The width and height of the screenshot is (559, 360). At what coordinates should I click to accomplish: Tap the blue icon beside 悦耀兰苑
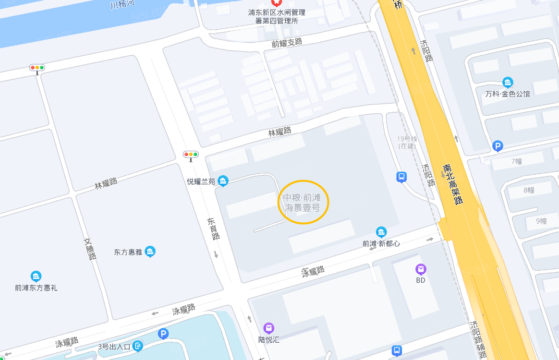223,181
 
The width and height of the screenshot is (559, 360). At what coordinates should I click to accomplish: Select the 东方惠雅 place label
128,252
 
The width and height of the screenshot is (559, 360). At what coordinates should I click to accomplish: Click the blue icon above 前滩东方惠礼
36,276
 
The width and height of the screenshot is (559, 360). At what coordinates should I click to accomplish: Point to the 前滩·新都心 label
381,243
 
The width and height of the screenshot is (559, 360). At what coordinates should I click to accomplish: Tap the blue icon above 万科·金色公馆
508,82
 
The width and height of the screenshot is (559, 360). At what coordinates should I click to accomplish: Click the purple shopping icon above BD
421,269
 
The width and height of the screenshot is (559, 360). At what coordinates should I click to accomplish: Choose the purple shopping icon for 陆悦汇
269,328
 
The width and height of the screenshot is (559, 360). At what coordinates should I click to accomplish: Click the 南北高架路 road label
453,184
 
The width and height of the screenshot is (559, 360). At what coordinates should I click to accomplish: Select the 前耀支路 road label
287,43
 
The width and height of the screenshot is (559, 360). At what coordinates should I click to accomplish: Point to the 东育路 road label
213,228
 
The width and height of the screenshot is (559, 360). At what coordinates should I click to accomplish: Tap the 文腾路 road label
90,249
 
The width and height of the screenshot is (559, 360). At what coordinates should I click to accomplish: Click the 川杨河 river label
121,4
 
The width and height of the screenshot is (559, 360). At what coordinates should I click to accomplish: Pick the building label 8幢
528,190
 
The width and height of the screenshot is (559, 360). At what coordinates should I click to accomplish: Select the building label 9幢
541,221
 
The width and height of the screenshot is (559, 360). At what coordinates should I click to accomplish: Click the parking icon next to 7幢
498,145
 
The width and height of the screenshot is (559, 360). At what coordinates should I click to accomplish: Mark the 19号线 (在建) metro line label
407,142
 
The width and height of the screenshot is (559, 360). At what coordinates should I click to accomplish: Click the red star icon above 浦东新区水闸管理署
277,2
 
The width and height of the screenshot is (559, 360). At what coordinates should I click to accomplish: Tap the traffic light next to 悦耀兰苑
191,155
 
